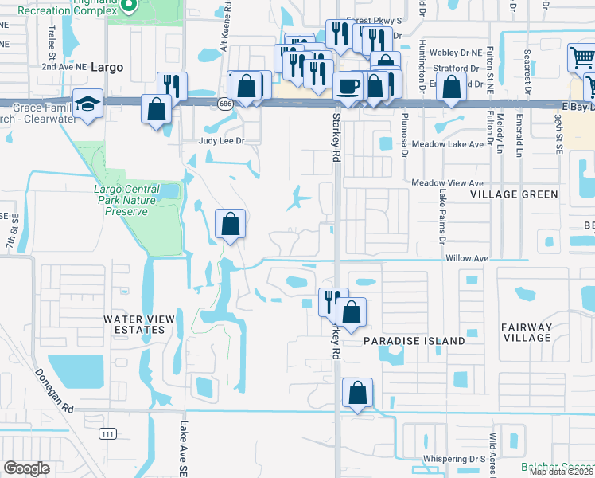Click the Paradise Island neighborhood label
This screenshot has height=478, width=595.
coord(414,341)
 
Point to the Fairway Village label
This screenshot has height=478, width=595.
coord(527,332)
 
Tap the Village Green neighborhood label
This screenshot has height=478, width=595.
coord(514,194)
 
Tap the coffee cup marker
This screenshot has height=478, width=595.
coord(347,86)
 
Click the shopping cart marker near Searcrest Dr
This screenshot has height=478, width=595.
coord(580,59)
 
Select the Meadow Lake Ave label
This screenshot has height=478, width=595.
coord(448,145)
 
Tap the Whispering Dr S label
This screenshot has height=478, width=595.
coord(454,459)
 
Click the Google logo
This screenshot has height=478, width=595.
coord(26,468)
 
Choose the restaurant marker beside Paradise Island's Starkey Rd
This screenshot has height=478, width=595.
coord(332,301)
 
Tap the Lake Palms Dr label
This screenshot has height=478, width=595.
coord(440,215)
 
